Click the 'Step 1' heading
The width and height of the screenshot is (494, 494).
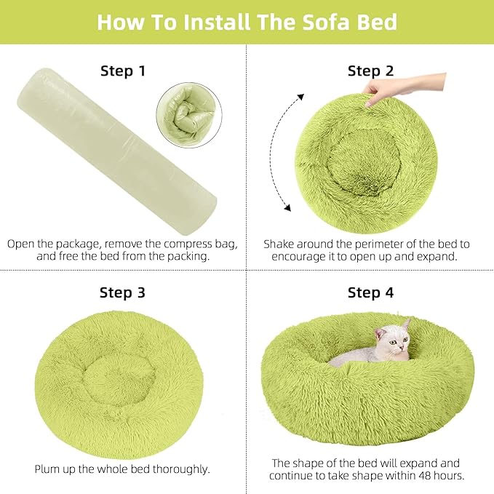coord(122,71)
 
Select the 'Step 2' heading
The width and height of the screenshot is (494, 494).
coord(370,71)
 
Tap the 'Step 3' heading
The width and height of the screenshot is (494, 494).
coord(122,292)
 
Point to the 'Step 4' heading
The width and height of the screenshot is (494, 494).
coord(370,292)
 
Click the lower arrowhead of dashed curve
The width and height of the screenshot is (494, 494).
coord(287,210)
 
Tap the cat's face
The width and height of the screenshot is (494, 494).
coord(394,340)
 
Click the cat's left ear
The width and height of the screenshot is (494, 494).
coord(381,332)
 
